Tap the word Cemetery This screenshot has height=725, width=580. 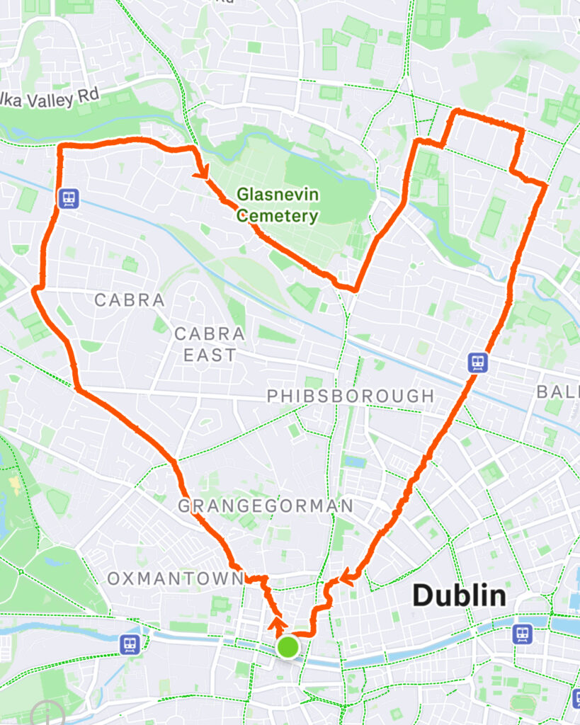(278, 216)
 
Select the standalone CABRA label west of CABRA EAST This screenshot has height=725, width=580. (130, 300)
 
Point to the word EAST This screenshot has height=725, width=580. (210, 354)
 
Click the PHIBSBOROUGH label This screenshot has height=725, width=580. (350, 396)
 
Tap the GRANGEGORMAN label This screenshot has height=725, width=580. (265, 506)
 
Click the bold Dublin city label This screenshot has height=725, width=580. (460, 595)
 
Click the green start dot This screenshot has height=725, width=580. (288, 647)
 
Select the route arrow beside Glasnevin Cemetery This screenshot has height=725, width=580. (203, 170)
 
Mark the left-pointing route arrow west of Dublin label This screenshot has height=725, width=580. (346, 579)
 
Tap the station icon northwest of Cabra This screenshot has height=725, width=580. (69, 198)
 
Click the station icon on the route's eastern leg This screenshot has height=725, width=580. (479, 362)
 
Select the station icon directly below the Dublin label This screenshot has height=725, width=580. (523, 633)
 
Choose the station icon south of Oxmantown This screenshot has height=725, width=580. (129, 644)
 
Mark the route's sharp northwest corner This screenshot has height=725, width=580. (59, 147)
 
